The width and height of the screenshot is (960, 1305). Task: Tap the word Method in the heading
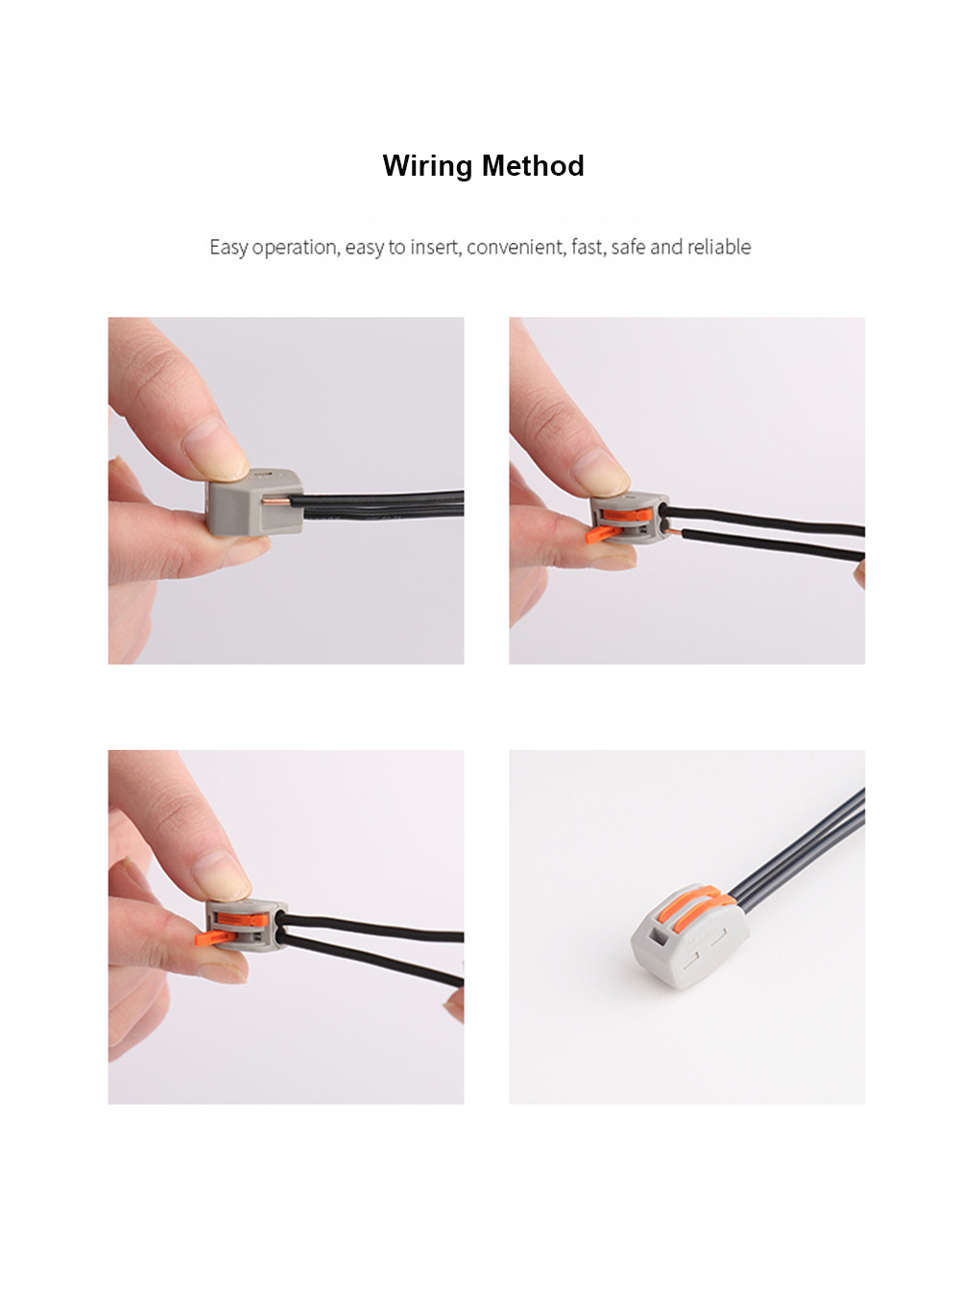533,166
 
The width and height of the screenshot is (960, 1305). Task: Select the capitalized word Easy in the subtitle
228,248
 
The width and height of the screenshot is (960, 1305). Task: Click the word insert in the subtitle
435,248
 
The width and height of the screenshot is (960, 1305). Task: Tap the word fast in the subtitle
588,248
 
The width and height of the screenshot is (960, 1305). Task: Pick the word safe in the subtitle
628,248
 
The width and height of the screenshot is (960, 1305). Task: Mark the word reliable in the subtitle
719,248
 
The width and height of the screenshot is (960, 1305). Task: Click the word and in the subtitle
665,248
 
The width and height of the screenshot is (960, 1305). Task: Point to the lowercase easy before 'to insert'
364,248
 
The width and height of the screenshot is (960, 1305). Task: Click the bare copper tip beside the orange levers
674,529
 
